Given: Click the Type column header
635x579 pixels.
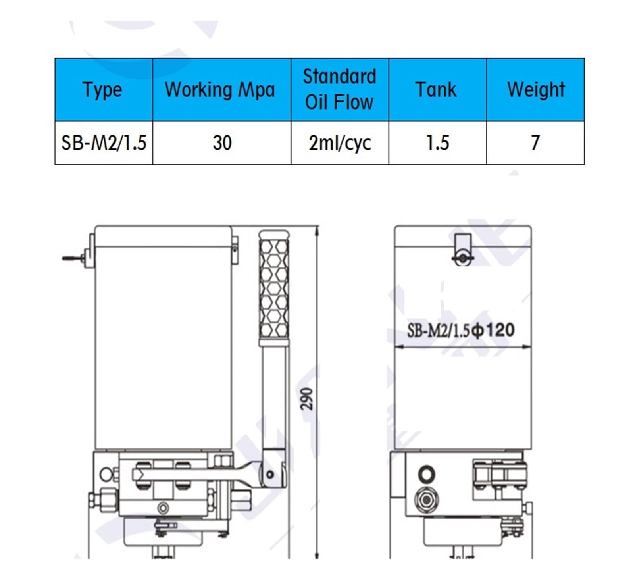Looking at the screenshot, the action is (102, 90).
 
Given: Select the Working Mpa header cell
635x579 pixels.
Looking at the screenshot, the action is (220, 90).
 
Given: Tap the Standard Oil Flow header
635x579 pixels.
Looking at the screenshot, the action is (340, 89).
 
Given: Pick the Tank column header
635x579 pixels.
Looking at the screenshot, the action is (436, 89).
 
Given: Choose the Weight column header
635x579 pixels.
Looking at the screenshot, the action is (536, 90).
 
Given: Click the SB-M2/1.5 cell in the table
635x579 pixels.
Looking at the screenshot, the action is (104, 143).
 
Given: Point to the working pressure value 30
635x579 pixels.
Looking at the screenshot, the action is (222, 143).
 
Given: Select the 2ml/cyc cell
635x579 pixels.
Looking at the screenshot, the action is (340, 143).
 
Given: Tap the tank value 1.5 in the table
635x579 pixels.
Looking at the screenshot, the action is (437, 143).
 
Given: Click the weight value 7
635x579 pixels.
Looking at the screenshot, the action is (535, 143).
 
